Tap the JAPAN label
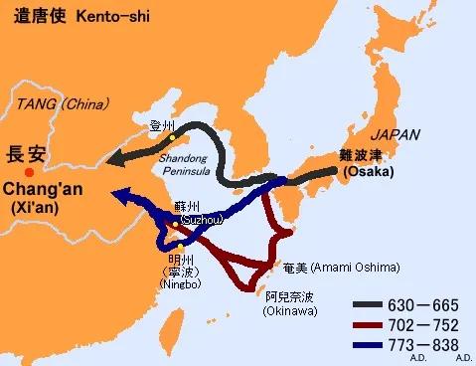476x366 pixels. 395,134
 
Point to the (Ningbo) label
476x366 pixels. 181,284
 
